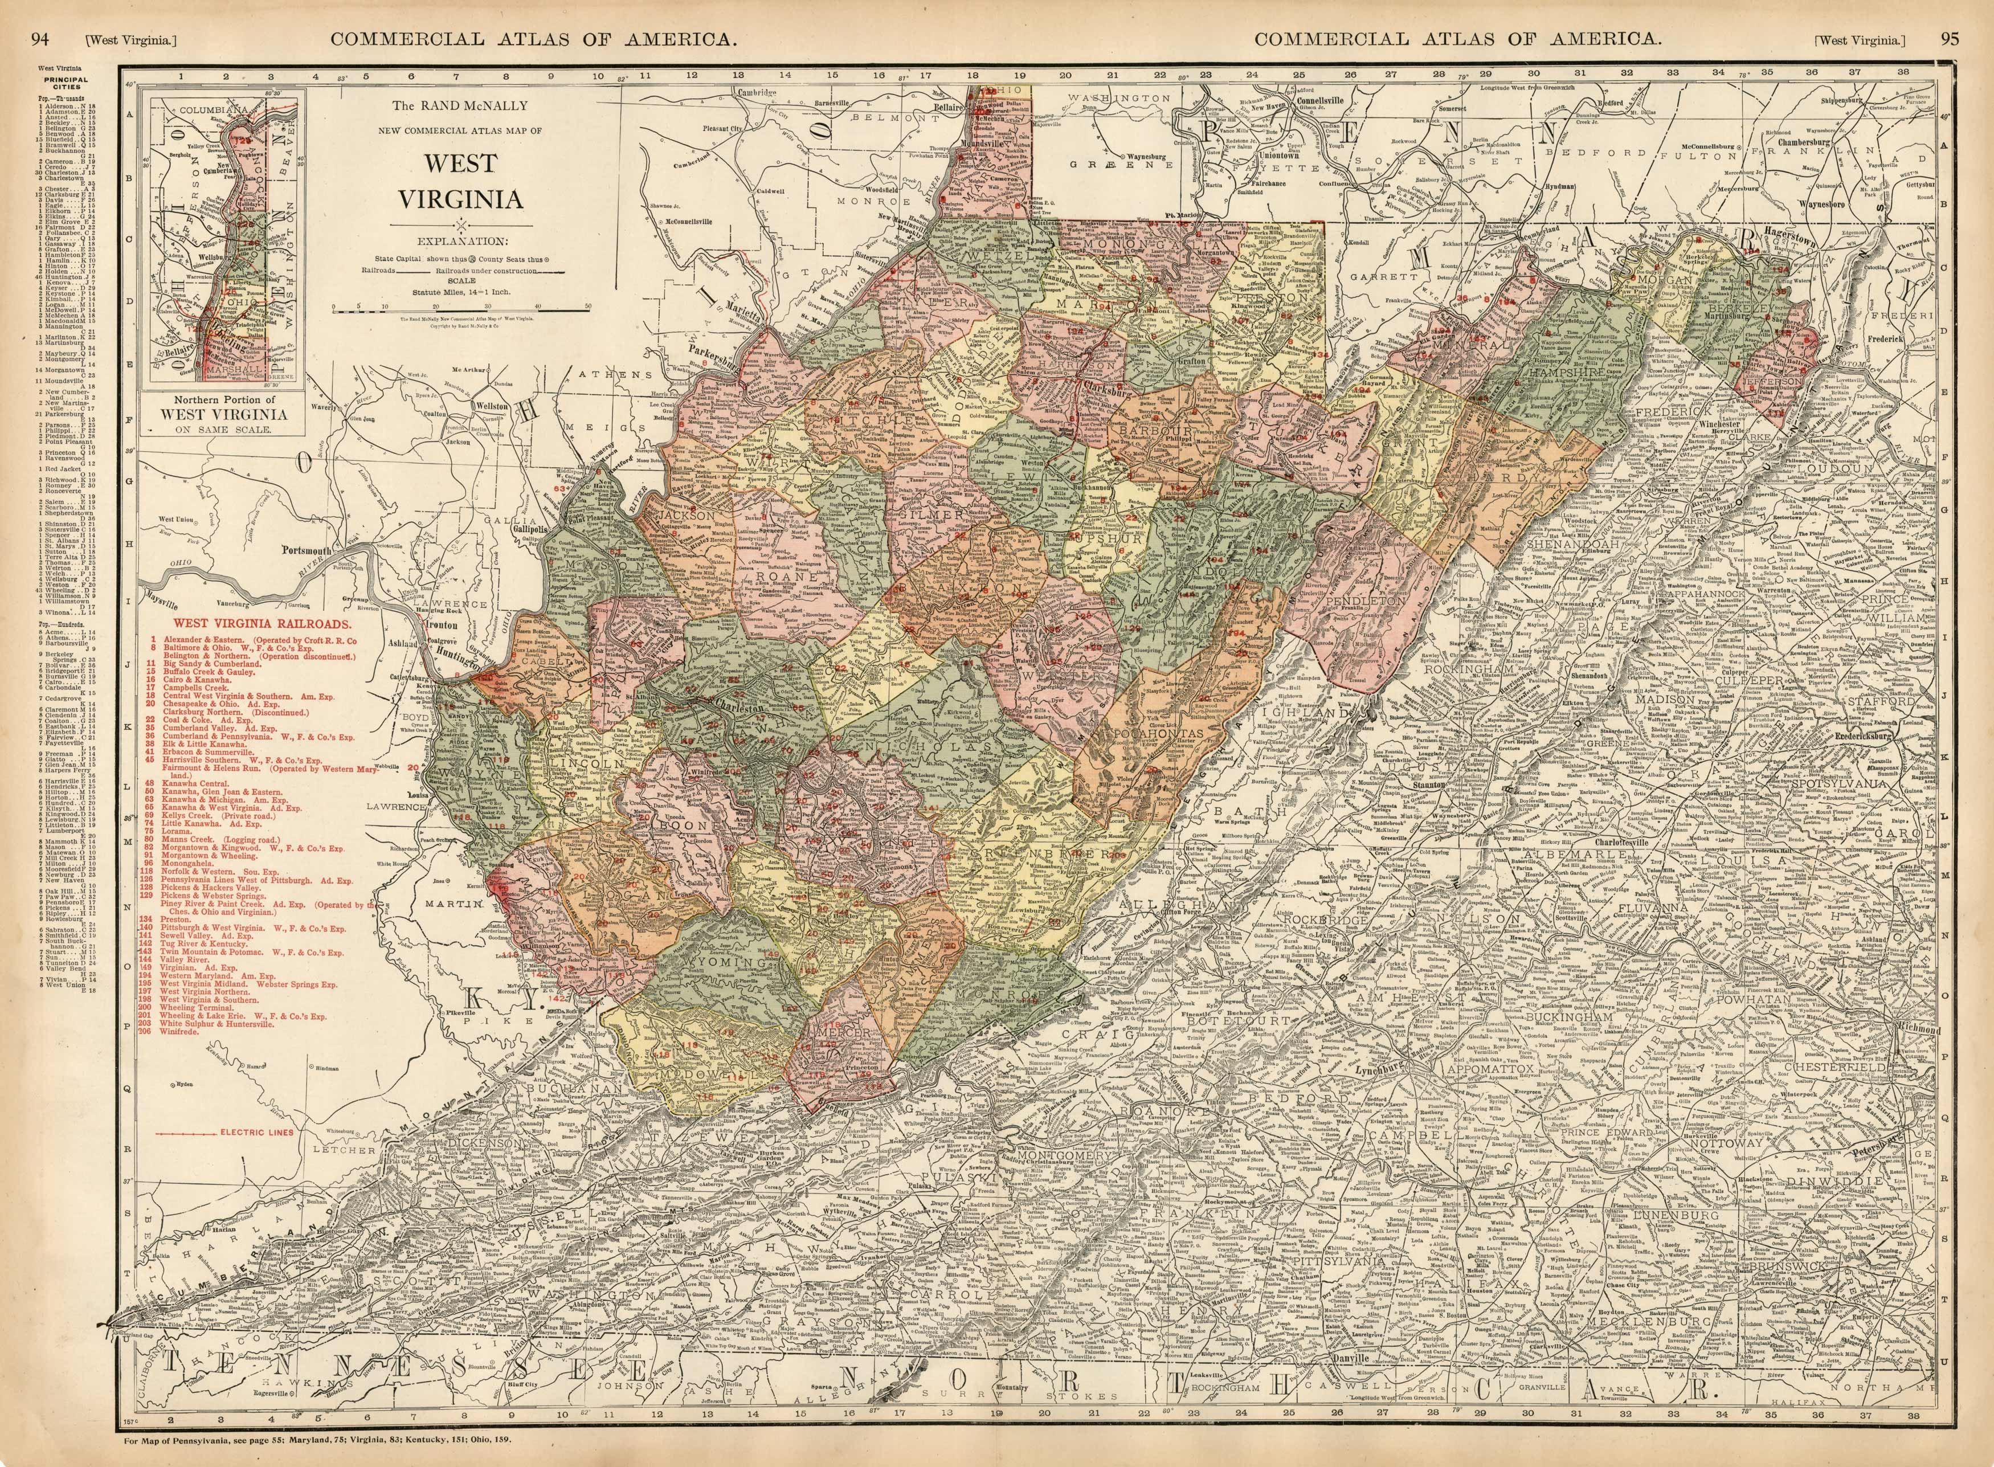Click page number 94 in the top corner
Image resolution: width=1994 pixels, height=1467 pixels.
(39, 14)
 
